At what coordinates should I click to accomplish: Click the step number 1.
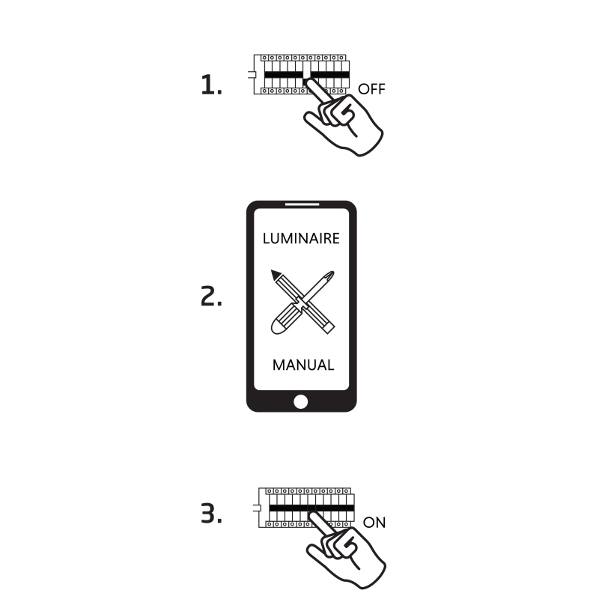211,85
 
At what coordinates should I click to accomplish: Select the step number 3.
211,513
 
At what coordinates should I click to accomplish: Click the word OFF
371,89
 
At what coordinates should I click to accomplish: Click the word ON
374,523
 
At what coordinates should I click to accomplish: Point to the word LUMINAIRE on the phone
301,238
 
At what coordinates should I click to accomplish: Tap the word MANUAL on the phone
303,365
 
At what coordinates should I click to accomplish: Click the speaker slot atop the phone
302,204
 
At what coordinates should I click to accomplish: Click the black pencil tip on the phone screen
275,274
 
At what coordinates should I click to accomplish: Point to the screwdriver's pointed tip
332,273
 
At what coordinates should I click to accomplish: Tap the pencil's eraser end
329,328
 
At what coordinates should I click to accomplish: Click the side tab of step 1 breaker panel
251,74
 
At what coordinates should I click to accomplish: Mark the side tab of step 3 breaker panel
256,508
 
